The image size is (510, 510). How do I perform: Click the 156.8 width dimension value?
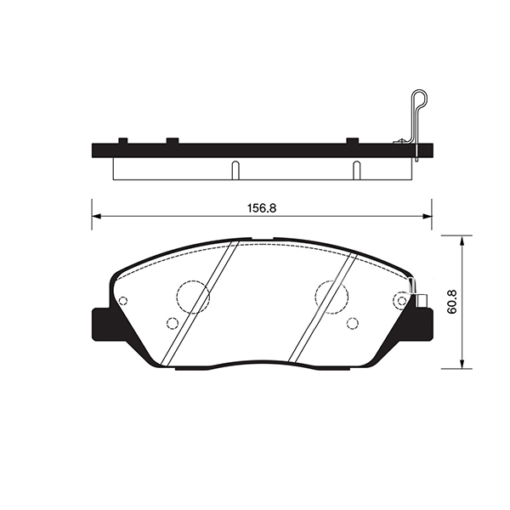click(x=262, y=208)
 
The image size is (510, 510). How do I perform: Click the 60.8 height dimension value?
click(x=452, y=302)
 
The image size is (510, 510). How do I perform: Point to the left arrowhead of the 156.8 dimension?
click(x=97, y=216)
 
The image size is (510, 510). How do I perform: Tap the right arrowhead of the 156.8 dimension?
click(x=427, y=216)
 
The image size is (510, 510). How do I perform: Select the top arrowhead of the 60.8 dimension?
click(x=462, y=241)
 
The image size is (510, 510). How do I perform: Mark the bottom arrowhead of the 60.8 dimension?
click(x=462, y=364)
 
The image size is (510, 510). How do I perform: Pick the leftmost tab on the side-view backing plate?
click(x=123, y=140)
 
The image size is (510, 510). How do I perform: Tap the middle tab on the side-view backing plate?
click(x=173, y=140)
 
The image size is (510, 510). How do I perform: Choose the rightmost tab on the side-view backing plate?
click(x=352, y=140)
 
